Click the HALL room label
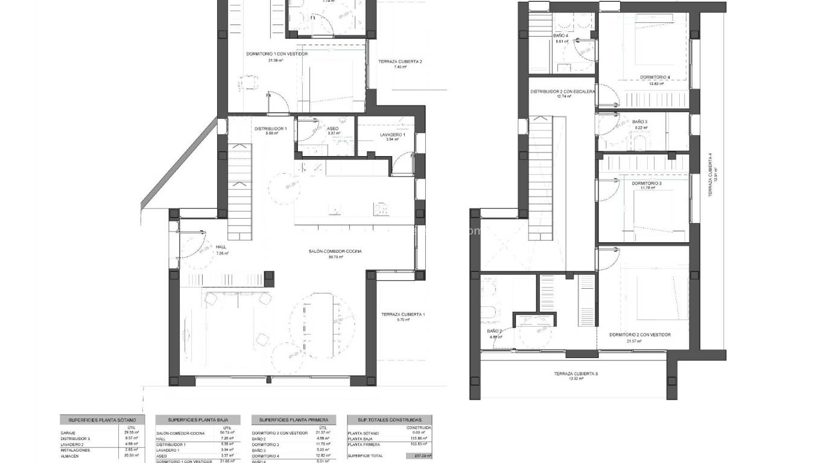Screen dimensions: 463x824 click(x=221, y=247)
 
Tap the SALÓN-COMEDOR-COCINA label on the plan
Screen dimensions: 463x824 click(x=336, y=251)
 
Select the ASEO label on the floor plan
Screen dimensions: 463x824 click(x=333, y=128)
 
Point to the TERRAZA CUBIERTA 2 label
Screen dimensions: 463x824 click(x=400, y=61)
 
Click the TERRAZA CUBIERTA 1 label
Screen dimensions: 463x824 click(x=403, y=314)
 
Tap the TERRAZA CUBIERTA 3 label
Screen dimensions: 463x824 click(x=575, y=374)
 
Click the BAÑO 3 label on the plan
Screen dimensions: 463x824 click(x=641, y=122)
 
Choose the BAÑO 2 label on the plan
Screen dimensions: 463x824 click(x=494, y=331)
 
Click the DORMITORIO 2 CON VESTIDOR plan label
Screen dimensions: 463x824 click(x=640, y=335)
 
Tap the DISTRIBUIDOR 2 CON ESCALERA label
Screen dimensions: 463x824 click(x=563, y=92)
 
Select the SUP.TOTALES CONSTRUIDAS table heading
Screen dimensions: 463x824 click(x=390, y=420)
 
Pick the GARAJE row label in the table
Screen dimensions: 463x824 click(x=68, y=433)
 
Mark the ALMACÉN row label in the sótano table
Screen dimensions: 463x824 click(x=69, y=456)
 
